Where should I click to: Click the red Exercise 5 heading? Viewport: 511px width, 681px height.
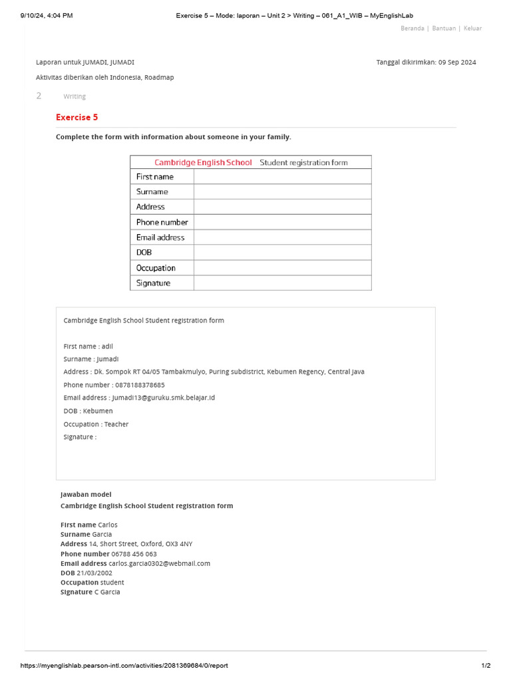click(x=77, y=118)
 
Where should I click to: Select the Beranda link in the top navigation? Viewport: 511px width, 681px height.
click(x=413, y=29)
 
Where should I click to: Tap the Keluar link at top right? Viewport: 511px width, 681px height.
click(x=472, y=29)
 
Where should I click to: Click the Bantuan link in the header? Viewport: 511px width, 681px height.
click(x=444, y=29)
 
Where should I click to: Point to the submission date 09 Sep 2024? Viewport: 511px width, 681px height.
click(x=457, y=63)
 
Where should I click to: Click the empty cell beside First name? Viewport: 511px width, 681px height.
click(x=282, y=177)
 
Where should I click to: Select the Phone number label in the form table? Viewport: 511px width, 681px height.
click(x=162, y=222)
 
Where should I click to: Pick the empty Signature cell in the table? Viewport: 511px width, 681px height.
click(x=282, y=283)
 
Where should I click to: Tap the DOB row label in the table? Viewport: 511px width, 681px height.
click(x=144, y=253)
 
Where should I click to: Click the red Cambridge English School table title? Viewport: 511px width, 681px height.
click(x=203, y=162)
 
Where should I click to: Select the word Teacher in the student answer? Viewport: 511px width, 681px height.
click(x=116, y=424)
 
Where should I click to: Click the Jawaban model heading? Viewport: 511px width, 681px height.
click(x=86, y=495)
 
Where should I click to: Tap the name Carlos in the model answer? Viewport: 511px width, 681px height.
click(x=108, y=525)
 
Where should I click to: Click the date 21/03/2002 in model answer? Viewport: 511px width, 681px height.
click(x=94, y=573)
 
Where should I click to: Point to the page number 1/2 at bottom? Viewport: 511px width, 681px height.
click(x=486, y=666)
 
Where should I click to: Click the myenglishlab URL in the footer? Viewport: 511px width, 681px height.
click(x=124, y=666)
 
